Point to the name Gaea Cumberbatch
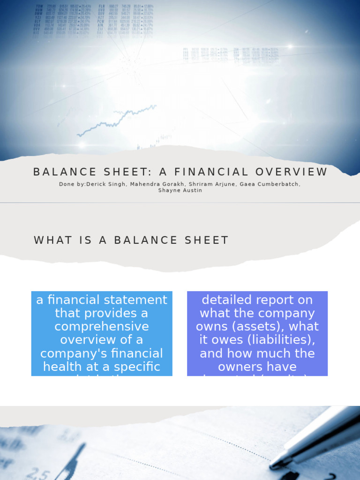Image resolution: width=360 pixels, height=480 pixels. pos(270,184)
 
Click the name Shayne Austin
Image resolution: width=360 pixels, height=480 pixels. pos(180,191)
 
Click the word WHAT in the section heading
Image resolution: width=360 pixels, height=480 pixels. pos(53,240)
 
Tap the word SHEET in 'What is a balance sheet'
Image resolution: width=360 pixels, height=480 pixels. pos(208,240)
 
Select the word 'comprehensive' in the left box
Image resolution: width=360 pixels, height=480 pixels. pos(101,326)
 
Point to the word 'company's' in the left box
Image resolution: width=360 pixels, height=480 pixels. pos(70,353)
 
